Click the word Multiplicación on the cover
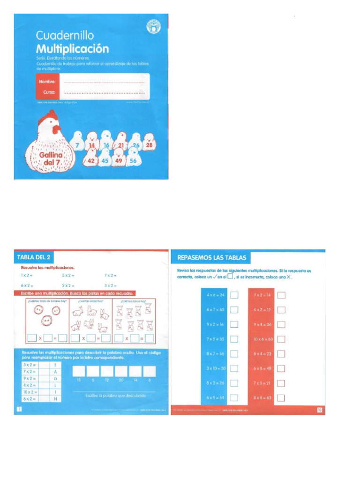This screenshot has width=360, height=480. (x=72, y=49)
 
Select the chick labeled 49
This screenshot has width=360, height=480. (x=119, y=161)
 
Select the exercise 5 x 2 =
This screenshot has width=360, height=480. (x=68, y=275)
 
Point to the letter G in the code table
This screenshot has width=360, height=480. (x=56, y=377)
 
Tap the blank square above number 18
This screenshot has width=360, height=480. (x=79, y=372)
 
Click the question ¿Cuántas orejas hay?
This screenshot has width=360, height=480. (x=90, y=301)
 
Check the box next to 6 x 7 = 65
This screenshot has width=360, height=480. (x=234, y=310)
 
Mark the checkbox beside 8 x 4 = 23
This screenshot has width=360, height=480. (x=281, y=353)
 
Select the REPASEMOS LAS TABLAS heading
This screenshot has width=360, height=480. (x=211, y=258)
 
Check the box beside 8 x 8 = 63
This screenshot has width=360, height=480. (x=281, y=397)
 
